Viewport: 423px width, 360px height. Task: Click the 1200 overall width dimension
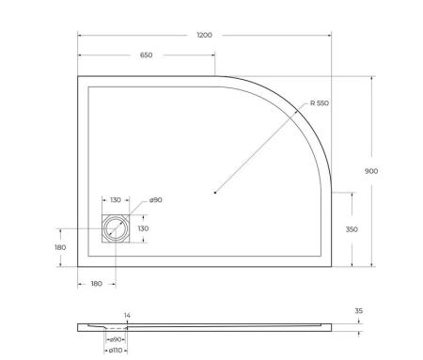tap(204, 35)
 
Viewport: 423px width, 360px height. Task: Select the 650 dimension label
tap(146, 56)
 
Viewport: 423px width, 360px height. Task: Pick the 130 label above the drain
tap(115, 200)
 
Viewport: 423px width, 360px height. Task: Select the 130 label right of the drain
tap(145, 228)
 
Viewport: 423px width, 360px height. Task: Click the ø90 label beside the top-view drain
tap(154, 200)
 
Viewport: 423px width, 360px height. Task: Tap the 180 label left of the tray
tap(60, 247)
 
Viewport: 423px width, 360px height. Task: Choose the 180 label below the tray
tap(96, 282)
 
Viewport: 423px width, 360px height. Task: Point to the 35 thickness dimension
tap(359, 310)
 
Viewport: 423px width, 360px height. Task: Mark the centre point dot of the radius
tap(214, 193)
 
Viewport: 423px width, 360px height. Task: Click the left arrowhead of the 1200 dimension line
tap(79, 35)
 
